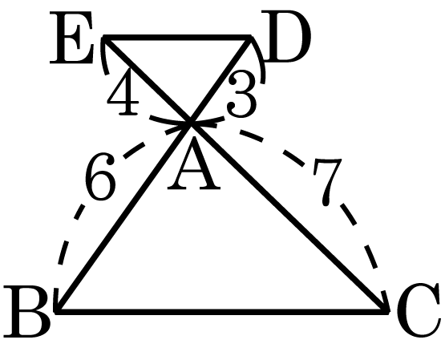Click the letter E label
71,38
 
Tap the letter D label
285,36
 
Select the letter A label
194,164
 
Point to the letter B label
27,311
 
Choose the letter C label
419,309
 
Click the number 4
123,91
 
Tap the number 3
241,94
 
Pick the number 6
100,176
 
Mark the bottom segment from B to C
222,311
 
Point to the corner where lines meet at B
58,311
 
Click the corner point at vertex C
386,311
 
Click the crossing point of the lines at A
191,123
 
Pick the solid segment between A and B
124,217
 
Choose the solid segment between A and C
289,217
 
